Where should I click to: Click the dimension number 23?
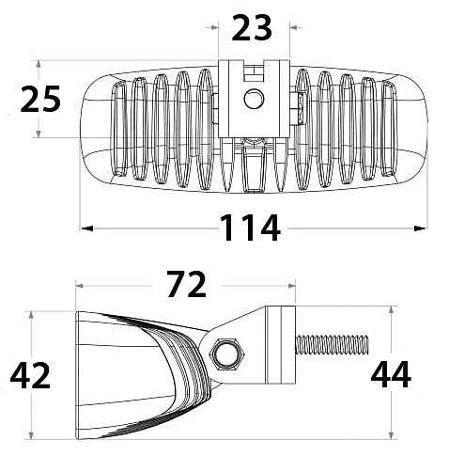tap(252, 28)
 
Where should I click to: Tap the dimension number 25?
tap(40, 99)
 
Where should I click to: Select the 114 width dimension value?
tap(250, 228)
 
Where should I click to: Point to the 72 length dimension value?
tap(187, 285)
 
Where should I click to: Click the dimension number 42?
tap(30, 375)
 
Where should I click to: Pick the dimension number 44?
tap(391, 374)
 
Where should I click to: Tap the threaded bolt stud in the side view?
tap(332, 345)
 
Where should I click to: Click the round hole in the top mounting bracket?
tap(254, 99)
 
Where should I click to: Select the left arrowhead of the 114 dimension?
tap(86, 228)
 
